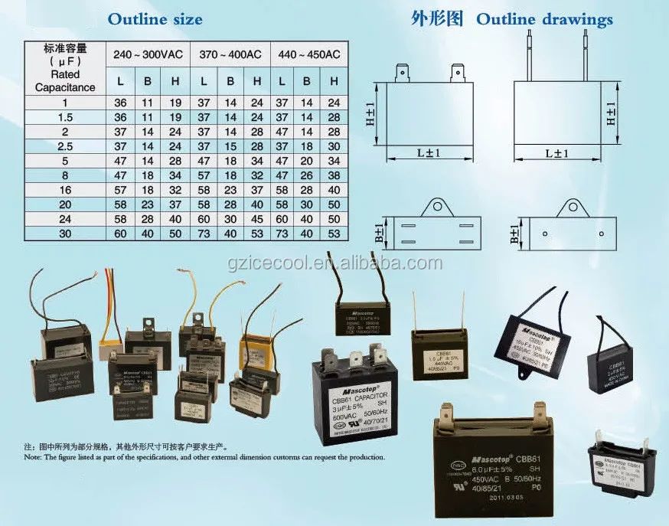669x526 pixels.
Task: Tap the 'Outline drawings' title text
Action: (545, 19)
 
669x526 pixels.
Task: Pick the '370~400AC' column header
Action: (230, 54)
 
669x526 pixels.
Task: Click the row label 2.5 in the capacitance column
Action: (65, 145)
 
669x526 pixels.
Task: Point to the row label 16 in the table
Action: (65, 188)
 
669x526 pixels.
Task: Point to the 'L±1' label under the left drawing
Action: (426, 153)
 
